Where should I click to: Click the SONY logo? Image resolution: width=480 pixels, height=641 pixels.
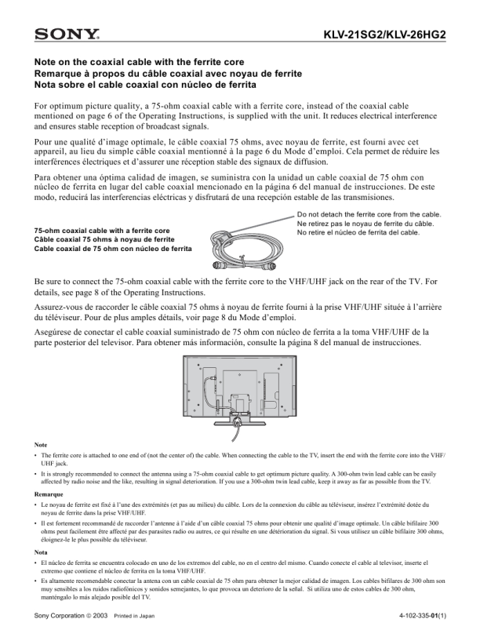[x=67, y=34]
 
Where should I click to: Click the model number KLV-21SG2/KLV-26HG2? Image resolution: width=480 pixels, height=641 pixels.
[x=385, y=35]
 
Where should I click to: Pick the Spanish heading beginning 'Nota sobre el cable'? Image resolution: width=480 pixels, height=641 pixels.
[x=145, y=85]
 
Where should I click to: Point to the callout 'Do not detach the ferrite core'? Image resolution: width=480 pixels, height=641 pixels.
[x=369, y=214]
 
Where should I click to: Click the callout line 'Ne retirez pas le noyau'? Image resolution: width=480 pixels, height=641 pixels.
[x=365, y=224]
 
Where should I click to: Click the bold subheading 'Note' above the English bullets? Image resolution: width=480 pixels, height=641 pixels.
[x=41, y=445]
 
